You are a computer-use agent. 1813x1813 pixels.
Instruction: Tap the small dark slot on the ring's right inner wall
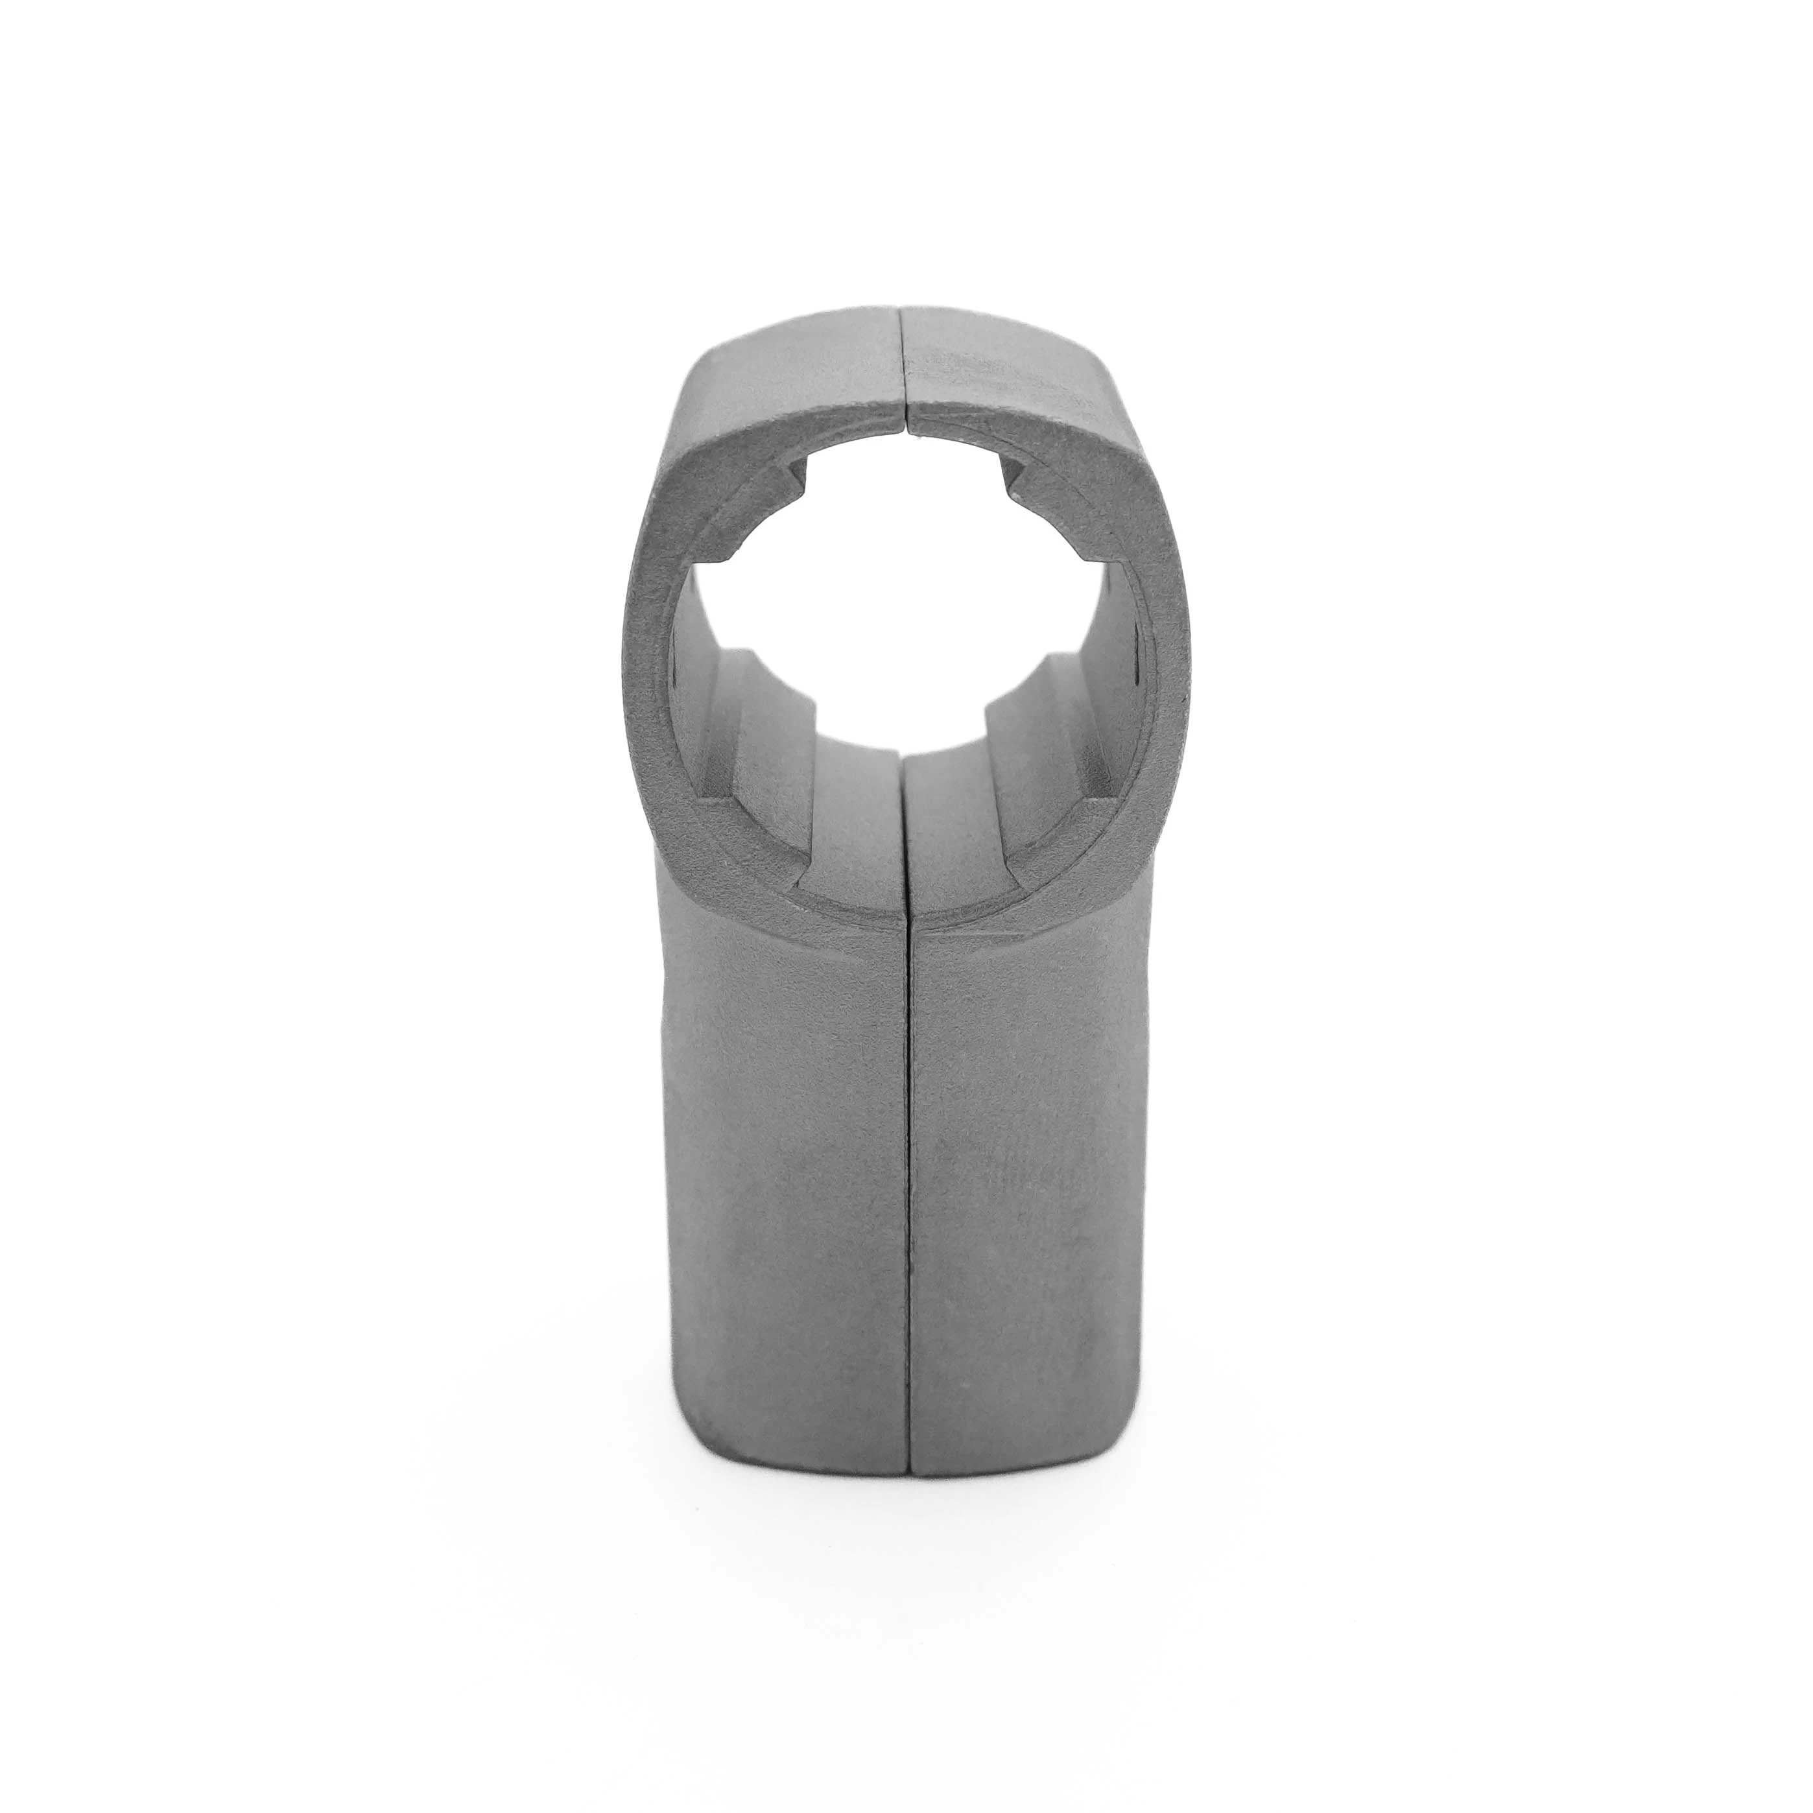1137,657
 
